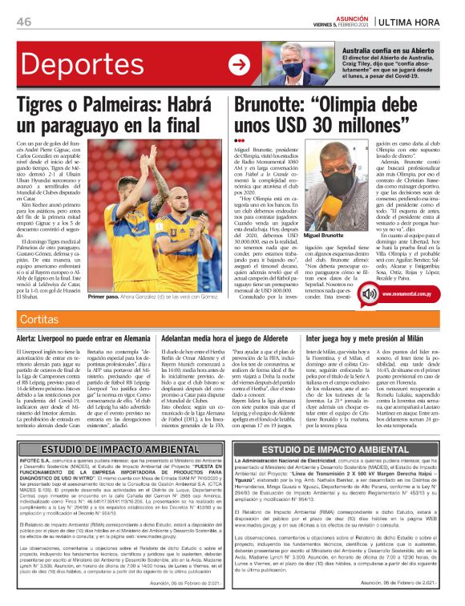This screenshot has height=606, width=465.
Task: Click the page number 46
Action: tap(23, 20)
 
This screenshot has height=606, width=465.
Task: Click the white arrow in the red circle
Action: tap(238, 65)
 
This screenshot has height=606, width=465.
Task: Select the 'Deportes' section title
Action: tap(70, 65)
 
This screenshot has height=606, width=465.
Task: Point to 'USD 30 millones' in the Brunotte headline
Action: tap(321, 127)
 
